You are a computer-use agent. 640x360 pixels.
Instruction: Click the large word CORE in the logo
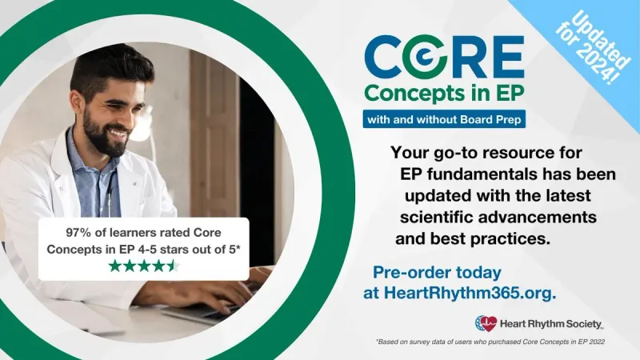[x=444, y=57]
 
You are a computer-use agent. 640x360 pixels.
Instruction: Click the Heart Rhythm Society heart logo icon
[x=486, y=323]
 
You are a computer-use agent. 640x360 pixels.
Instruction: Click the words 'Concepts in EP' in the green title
[x=444, y=92]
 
